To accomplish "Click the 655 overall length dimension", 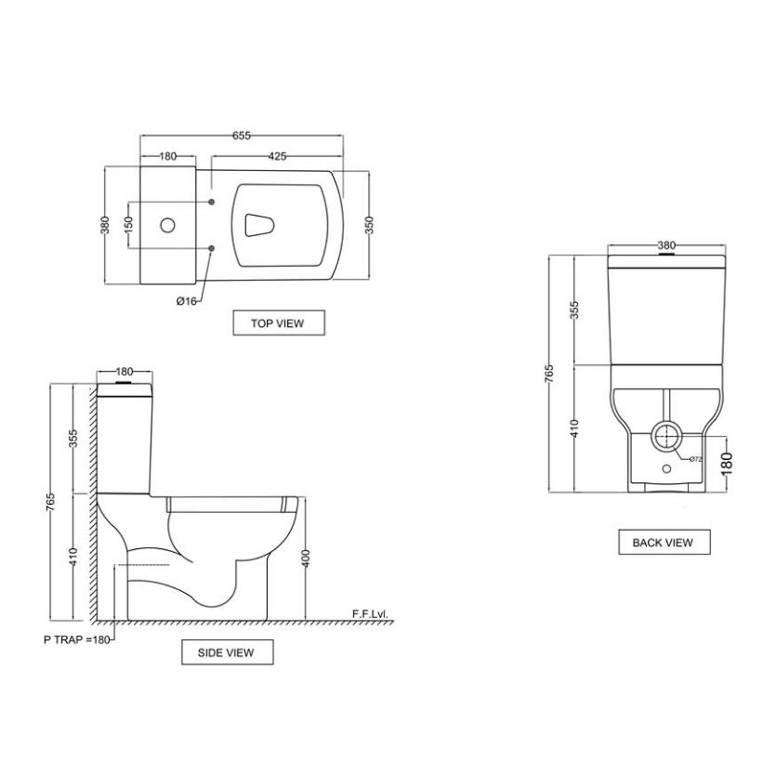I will click(x=241, y=136).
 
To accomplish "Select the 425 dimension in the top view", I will click(x=276, y=156).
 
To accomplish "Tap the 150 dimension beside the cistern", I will click(x=128, y=226).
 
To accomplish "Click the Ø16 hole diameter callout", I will click(x=186, y=301).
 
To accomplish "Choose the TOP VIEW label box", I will click(x=279, y=323).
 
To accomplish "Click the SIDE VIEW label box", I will click(x=228, y=652).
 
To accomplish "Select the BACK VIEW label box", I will click(x=664, y=542).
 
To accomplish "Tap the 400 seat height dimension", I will click(x=306, y=559).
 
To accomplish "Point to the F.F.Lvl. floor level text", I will click(x=373, y=614).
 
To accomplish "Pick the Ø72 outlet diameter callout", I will click(x=694, y=458).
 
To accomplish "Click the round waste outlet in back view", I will click(x=666, y=434).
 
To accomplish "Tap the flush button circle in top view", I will click(x=168, y=225).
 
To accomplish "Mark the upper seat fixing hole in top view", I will click(x=213, y=202).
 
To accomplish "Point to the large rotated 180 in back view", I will click(x=726, y=461).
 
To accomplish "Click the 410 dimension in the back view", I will click(x=573, y=428).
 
